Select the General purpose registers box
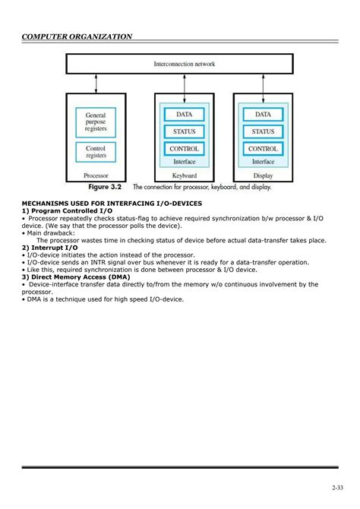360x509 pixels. (96, 122)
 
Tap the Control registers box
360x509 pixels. (96, 151)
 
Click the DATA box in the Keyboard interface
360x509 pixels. (184, 115)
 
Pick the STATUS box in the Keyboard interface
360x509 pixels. (184, 131)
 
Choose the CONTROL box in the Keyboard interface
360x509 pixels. (184, 149)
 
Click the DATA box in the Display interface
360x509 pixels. (263, 115)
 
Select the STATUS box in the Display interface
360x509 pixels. (263, 131)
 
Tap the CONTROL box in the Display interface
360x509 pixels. (263, 149)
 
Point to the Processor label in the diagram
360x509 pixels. (96, 175)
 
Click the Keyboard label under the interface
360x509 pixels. (184, 175)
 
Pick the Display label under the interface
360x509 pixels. (263, 175)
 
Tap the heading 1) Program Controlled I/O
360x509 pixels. (67, 210)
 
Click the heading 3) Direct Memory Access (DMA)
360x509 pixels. (76, 277)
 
